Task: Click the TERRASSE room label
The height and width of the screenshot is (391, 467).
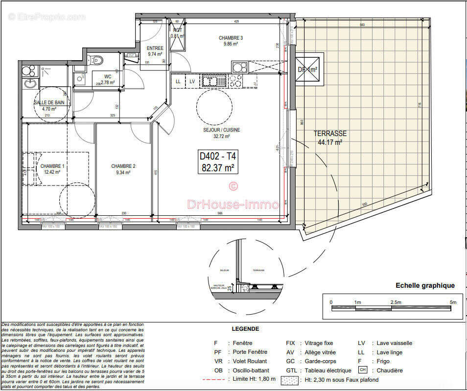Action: coord(330,133)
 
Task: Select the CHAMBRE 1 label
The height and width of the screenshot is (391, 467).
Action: coord(52,166)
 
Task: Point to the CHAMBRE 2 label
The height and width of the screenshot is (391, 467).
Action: coord(123,166)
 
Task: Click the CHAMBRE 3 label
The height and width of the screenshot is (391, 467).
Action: coord(231,38)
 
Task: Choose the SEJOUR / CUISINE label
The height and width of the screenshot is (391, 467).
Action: coord(221,130)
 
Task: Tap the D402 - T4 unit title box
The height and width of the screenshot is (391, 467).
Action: coord(217,162)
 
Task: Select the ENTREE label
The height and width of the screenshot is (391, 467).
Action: coord(155,48)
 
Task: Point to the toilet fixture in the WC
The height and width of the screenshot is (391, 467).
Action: coord(97,61)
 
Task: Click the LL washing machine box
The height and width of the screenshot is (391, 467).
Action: coord(178,81)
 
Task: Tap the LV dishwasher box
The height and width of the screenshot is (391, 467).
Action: coord(192,81)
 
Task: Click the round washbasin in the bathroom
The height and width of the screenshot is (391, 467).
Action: coord(30,83)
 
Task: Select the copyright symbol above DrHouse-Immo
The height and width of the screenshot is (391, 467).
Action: coord(233,185)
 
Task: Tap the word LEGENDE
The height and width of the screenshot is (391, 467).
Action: coord(245,329)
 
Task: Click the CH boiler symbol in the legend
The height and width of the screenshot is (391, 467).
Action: coord(363,369)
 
